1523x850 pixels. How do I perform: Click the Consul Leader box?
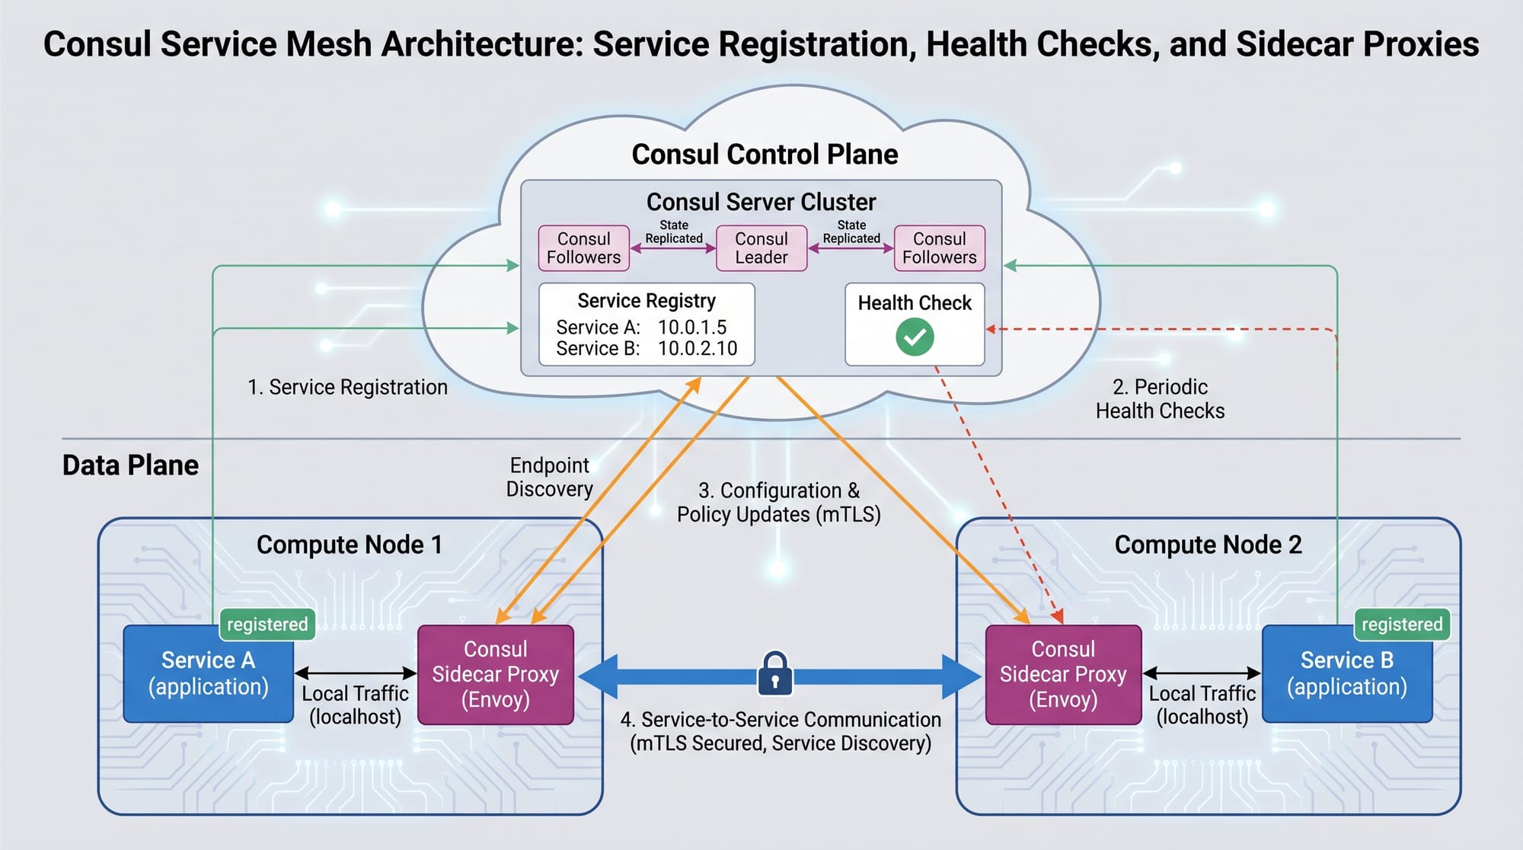pos(761,248)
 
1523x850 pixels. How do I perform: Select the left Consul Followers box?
pos(583,248)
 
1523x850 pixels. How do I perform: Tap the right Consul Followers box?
pos(939,248)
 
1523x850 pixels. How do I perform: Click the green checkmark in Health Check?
pos(915,337)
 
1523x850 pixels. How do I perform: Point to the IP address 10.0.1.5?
pos(692,328)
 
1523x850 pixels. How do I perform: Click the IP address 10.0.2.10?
pos(698,349)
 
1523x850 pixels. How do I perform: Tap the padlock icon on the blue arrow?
pos(775,673)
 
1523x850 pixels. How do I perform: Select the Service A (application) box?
pos(208,674)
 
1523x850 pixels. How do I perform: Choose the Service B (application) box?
pos(1346,674)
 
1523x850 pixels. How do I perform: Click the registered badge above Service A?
pos(267,625)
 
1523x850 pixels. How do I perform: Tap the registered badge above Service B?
pos(1402,625)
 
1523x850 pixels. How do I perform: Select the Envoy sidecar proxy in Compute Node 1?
pos(496,674)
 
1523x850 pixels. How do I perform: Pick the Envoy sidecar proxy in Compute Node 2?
pos(1063,674)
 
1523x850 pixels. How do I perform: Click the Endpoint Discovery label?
pos(549,477)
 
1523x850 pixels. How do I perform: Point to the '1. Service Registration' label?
pos(348,388)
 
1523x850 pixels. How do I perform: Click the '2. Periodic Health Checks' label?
pos(1160,399)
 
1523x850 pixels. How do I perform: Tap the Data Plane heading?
pos(130,465)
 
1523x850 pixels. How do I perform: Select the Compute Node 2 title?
pos(1208,545)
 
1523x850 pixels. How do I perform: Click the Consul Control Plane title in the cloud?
pos(765,155)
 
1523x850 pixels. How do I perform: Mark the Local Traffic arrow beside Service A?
pos(356,673)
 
